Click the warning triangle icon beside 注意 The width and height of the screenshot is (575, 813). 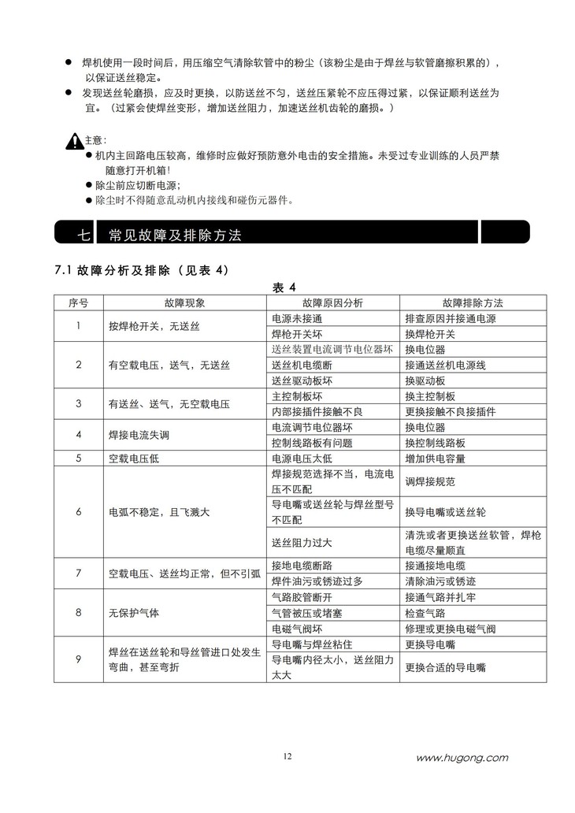[75, 142]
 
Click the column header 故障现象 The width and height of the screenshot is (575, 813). [184, 303]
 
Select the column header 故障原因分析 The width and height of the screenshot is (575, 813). [333, 303]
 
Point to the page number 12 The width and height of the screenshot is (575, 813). [287, 756]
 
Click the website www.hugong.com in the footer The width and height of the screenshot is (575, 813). [462, 758]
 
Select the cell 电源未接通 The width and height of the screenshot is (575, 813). [297, 319]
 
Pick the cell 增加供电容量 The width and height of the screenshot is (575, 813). [435, 458]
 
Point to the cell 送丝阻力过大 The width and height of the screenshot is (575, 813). [302, 543]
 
